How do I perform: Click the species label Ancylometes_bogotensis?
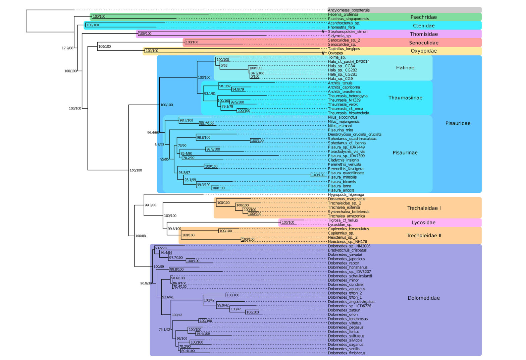pos(349,10)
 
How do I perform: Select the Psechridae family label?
pos(423,17)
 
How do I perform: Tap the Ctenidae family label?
pos(423,26)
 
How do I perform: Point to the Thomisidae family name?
pos(424,34)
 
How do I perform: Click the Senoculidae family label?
pos(423,43)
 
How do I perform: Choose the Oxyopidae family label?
pos(423,51)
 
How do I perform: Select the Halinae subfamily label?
pos(405,68)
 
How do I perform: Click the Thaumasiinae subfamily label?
pos(405,98)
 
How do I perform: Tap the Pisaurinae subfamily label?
pos(405,153)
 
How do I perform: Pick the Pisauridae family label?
pos(458,123)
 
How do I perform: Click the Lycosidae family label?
pos(423,223)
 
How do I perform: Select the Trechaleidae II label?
pos(424,236)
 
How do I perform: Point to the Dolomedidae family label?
pos(423,298)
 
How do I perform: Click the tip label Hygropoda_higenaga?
pos(346,195)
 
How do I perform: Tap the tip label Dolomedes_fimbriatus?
pos(347,353)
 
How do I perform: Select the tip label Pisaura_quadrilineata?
pos(346,173)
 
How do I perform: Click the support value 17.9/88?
pos(67,48)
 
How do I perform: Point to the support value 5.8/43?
pos(159,145)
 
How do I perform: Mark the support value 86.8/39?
pos(146,284)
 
